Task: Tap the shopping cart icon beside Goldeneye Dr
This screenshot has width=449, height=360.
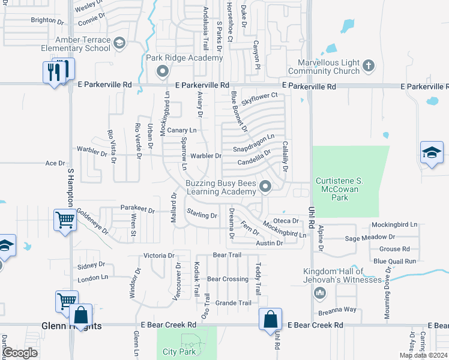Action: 65,219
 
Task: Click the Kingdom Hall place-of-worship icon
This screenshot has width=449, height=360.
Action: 320,292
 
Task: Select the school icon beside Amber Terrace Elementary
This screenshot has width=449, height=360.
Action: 119,43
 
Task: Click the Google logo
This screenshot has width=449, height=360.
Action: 20,353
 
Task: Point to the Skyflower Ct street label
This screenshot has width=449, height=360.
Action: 259,98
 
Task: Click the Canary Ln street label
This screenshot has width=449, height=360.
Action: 181,130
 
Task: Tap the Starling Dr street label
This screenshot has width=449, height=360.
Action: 202,214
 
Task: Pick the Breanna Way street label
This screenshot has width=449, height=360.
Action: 337,310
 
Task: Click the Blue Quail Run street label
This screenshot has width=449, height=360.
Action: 394,261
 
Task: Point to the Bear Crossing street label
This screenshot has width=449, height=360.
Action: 228,279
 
